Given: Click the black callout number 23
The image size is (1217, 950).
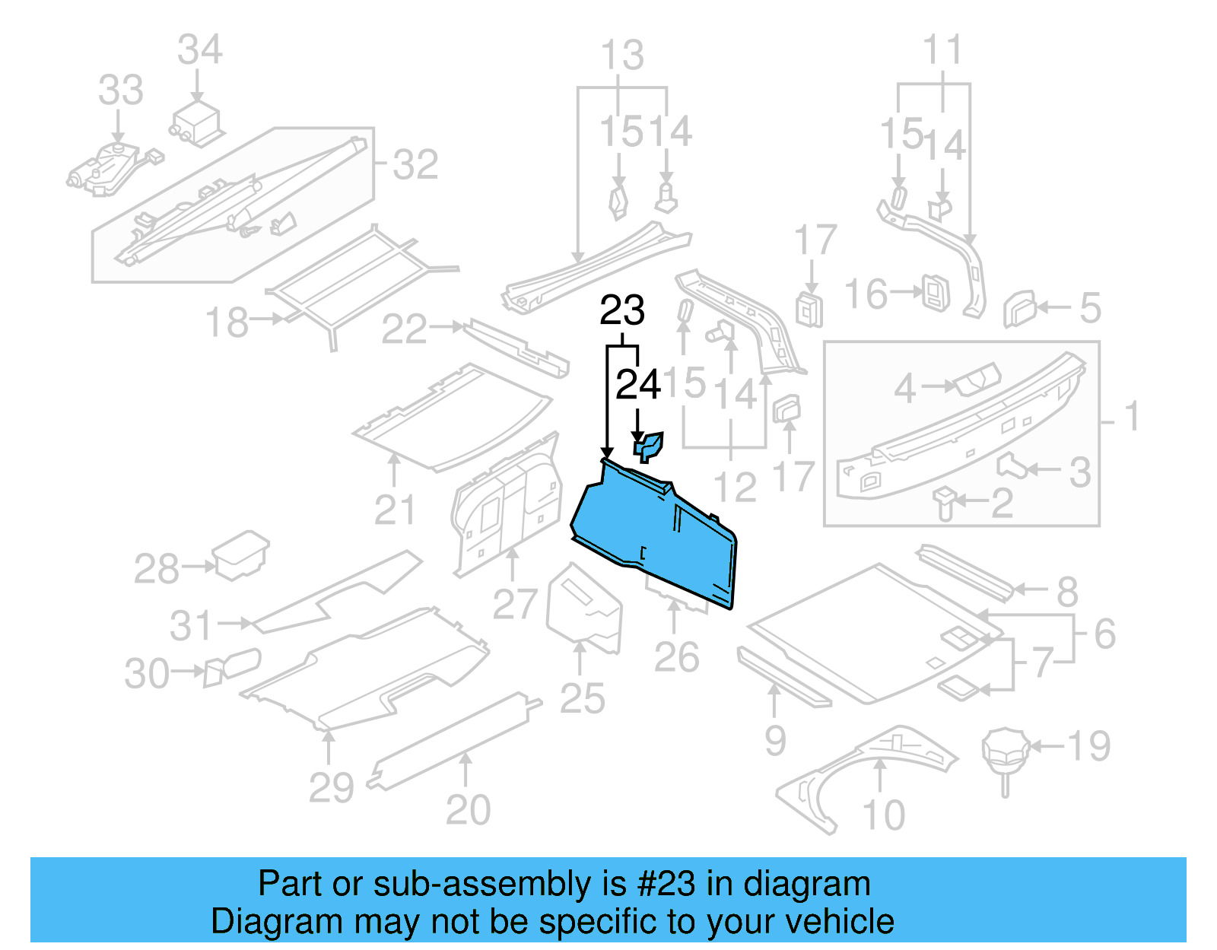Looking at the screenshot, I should point(622,311).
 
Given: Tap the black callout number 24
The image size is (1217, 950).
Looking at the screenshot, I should point(637,385).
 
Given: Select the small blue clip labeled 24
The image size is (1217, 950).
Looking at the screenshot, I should point(648,446).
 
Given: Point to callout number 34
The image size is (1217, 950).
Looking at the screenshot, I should point(199,50).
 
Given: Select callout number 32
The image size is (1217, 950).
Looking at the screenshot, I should point(415,165).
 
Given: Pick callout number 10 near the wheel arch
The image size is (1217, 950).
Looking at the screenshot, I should point(883,815).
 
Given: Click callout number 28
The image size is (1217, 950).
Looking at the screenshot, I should point(157,569).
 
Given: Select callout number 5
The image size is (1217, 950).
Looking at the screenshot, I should point(1090,308).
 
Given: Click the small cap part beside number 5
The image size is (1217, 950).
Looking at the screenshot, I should point(1020,308).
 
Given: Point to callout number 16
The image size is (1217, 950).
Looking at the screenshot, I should point(866,294).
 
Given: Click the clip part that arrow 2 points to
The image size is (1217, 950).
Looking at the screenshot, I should point(945,502).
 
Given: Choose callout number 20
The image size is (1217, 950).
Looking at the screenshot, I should point(468,810).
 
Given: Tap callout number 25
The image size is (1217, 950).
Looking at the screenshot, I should point(582,698).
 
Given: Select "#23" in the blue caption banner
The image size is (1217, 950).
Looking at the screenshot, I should point(666,884).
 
